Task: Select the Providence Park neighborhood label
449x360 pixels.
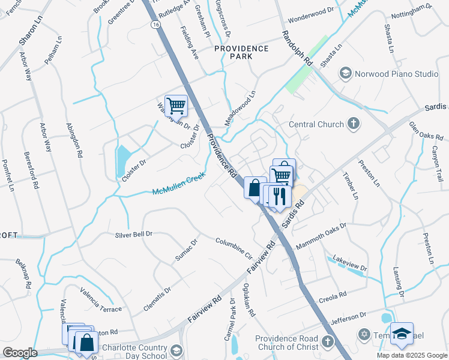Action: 242,53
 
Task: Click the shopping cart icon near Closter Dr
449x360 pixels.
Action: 176,106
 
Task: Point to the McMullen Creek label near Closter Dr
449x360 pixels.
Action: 178,184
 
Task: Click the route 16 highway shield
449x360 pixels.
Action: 155,24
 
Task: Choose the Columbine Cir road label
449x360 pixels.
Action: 234,247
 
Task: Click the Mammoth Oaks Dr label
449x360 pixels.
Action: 322,236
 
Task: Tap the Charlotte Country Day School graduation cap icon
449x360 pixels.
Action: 176,350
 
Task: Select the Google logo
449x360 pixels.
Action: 20,353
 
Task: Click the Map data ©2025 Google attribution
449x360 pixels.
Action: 412,355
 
